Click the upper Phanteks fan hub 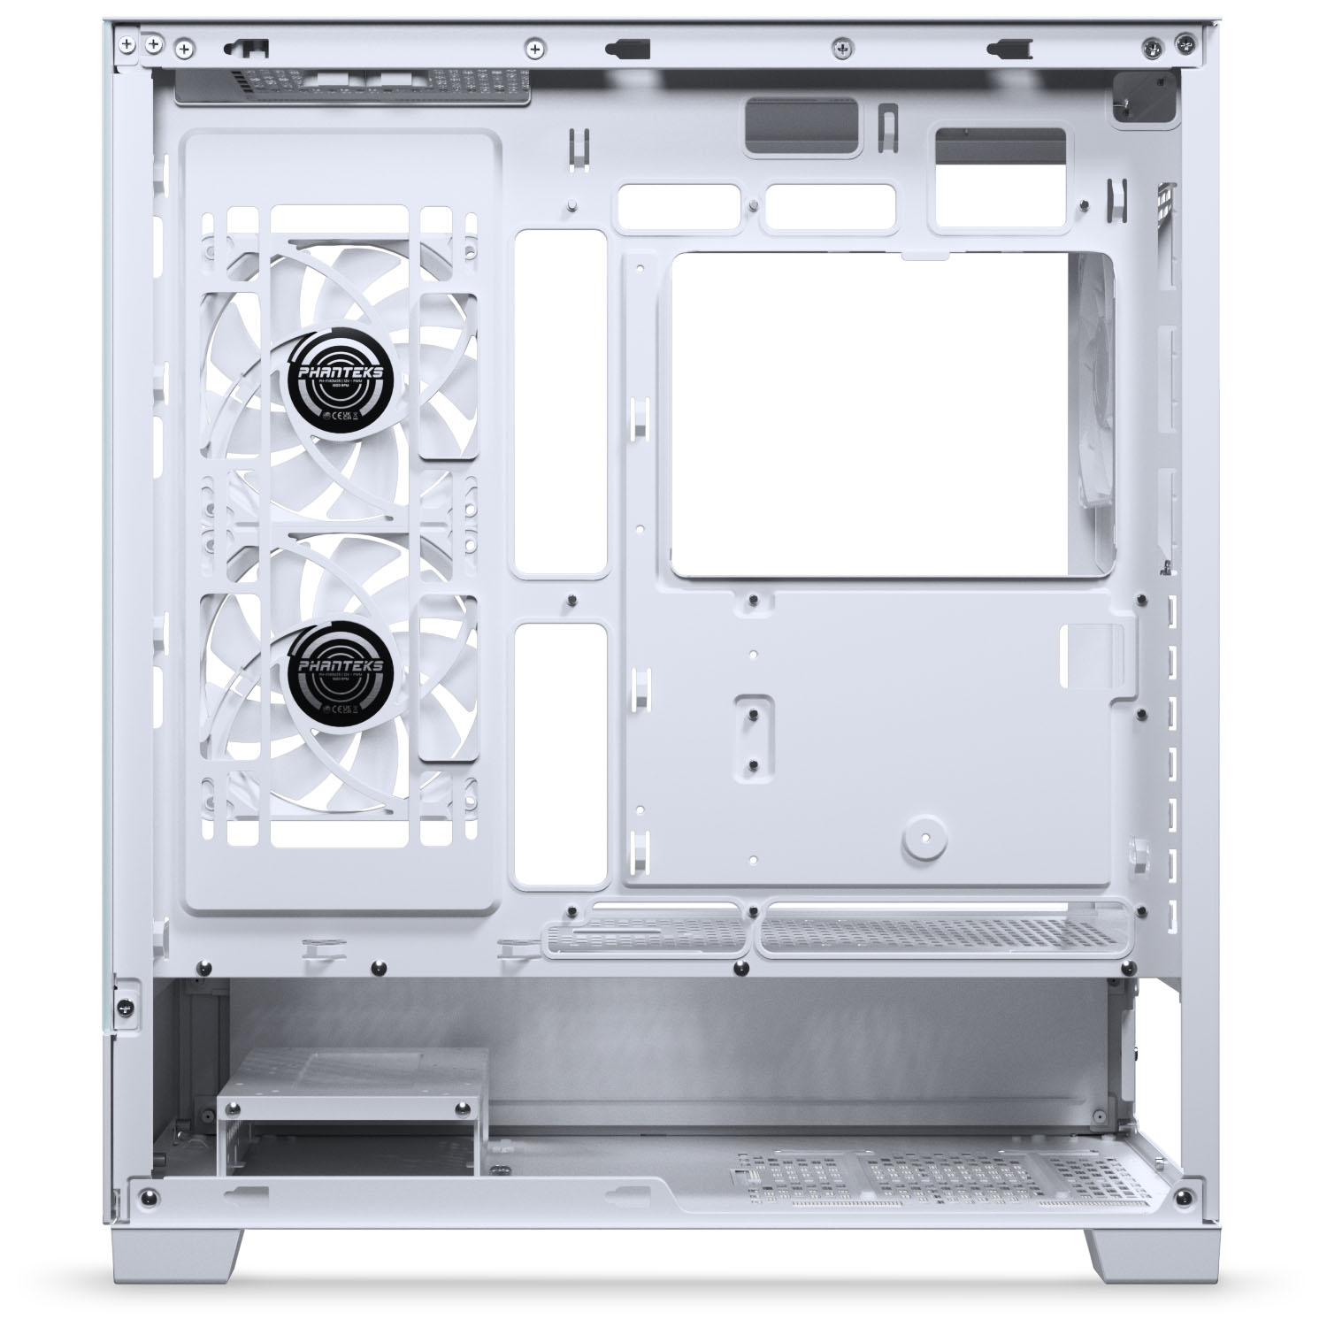[x=335, y=382]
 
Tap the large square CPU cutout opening [x=885, y=416]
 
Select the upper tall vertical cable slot [x=561, y=404]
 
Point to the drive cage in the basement [x=352, y=1110]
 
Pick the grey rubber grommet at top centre [x=803, y=128]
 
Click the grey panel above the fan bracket [x=354, y=87]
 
